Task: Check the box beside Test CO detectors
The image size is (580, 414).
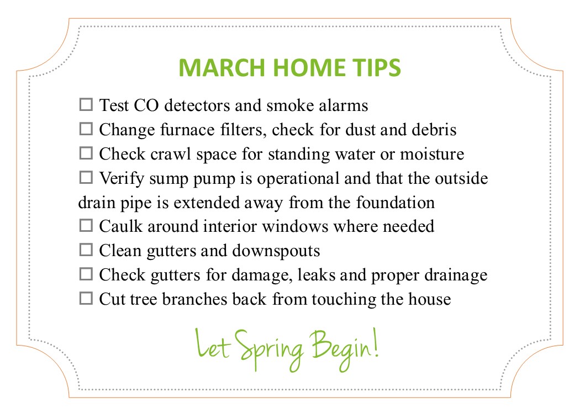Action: point(86,105)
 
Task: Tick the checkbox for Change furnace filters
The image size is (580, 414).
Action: point(86,129)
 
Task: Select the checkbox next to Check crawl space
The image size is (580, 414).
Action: point(86,153)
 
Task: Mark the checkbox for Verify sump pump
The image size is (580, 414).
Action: point(86,177)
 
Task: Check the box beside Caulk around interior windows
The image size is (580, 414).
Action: point(86,225)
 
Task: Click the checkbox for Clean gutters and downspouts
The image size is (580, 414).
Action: point(86,250)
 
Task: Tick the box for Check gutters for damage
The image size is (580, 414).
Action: point(86,274)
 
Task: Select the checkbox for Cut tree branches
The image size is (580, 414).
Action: point(86,298)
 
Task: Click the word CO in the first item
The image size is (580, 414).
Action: point(146,105)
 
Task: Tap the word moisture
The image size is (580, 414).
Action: point(432,154)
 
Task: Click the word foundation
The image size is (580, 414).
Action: point(396,202)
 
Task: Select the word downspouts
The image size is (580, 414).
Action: point(276,251)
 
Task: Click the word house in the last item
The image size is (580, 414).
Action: point(429,299)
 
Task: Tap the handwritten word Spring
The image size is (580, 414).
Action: point(270,349)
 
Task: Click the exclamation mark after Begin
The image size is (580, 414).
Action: point(376,342)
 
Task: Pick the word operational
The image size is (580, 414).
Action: point(298,179)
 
